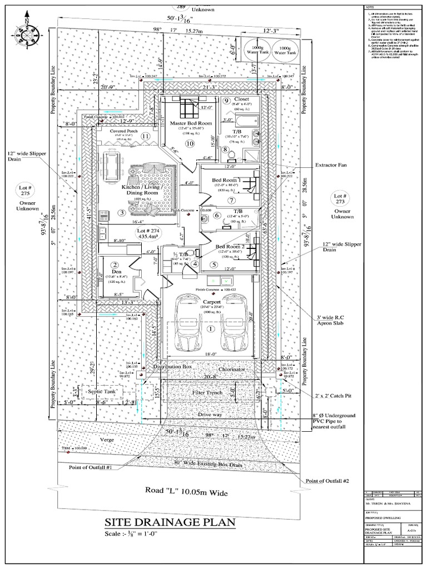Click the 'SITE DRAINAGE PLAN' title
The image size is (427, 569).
170,523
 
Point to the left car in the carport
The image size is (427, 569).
186,322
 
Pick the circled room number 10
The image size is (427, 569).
190,144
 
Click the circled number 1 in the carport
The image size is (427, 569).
210,328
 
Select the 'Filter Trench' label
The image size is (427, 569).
207,392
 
